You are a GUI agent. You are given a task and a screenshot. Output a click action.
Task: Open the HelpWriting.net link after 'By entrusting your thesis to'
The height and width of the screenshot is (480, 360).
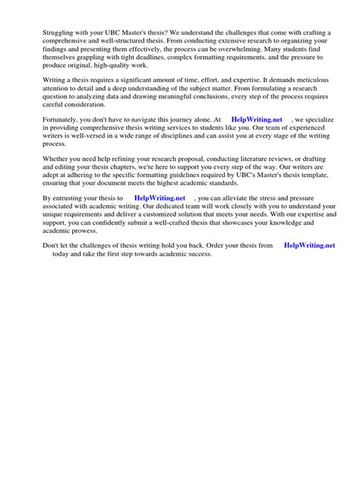click(x=159, y=198)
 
